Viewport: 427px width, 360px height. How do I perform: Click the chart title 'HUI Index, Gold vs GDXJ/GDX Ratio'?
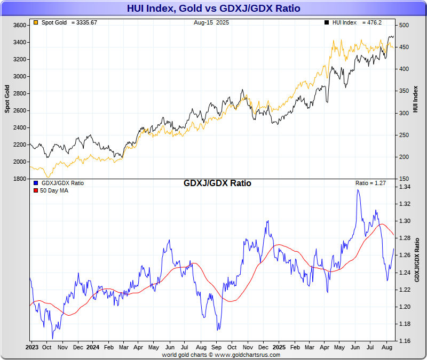click(x=213, y=8)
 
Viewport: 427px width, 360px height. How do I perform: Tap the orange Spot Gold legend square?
click(x=35, y=23)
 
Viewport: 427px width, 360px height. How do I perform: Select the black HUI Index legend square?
click(x=326, y=23)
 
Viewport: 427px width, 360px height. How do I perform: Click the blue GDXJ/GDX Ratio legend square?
click(x=35, y=183)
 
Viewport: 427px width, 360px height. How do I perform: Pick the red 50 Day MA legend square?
click(x=35, y=190)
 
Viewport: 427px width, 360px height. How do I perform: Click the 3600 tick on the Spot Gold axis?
click(x=19, y=25)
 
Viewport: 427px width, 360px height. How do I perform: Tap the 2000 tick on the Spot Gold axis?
click(x=19, y=162)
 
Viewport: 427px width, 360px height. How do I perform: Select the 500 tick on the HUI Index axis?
click(x=404, y=25)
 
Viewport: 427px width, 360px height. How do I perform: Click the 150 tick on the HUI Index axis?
click(x=404, y=179)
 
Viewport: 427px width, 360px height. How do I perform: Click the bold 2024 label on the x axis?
click(x=92, y=347)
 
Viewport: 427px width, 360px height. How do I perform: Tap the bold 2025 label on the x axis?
click(x=279, y=347)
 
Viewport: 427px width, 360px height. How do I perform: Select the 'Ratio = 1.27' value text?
click(x=370, y=183)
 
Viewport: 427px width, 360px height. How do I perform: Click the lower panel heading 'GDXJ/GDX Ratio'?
click(x=217, y=183)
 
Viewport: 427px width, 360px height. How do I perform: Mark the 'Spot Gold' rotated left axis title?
click(x=7, y=99)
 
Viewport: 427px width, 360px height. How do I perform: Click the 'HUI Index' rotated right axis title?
click(x=415, y=99)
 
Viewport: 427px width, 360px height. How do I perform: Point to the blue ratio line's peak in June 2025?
click(x=358, y=190)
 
